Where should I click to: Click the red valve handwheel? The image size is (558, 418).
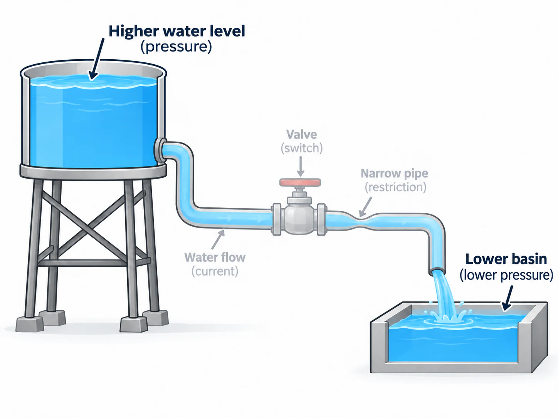(x=300, y=182)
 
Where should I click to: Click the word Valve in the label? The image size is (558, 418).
(x=301, y=134)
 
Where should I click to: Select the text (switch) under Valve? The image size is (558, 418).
(x=301, y=148)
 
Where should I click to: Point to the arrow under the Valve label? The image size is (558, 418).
(x=301, y=166)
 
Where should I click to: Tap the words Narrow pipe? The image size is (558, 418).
(x=395, y=174)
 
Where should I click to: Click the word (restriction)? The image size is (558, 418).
(x=395, y=187)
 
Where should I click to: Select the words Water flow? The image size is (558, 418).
(x=215, y=257)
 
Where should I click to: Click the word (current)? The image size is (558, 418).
(x=215, y=271)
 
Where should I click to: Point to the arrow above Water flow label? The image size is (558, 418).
(x=218, y=239)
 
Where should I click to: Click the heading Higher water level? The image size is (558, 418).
(x=176, y=31)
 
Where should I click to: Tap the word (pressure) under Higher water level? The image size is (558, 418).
(x=176, y=47)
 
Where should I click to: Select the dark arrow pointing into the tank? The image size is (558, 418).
(x=96, y=59)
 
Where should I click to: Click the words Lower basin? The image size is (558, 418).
(x=506, y=259)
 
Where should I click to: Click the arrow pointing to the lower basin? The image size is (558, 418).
(x=508, y=298)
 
